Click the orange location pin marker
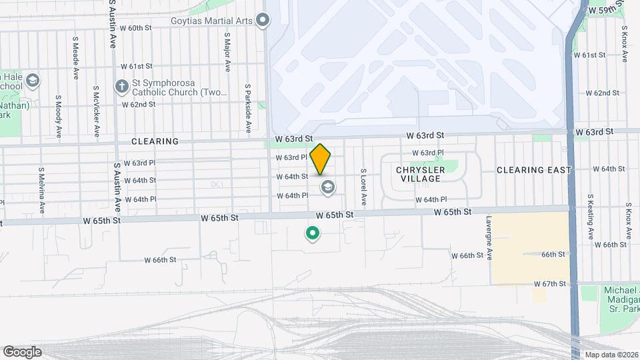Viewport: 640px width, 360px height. (321, 159)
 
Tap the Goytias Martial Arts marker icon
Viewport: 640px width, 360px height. (263, 20)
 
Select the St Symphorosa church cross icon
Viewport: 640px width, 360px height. (121, 86)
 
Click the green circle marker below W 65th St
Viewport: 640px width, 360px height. (311, 233)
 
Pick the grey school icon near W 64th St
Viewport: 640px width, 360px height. (327, 187)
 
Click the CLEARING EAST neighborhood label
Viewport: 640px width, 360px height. (534, 170)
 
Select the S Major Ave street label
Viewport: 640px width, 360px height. (227, 52)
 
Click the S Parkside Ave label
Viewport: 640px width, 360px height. (247, 108)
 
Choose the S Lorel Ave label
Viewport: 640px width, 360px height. (363, 187)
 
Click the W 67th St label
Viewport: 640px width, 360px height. (549, 284)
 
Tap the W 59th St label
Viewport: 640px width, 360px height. (606, 11)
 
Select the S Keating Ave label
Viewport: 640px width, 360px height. (590, 219)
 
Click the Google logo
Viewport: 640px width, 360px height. (22, 352)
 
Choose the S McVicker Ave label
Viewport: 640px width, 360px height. (97, 109)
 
